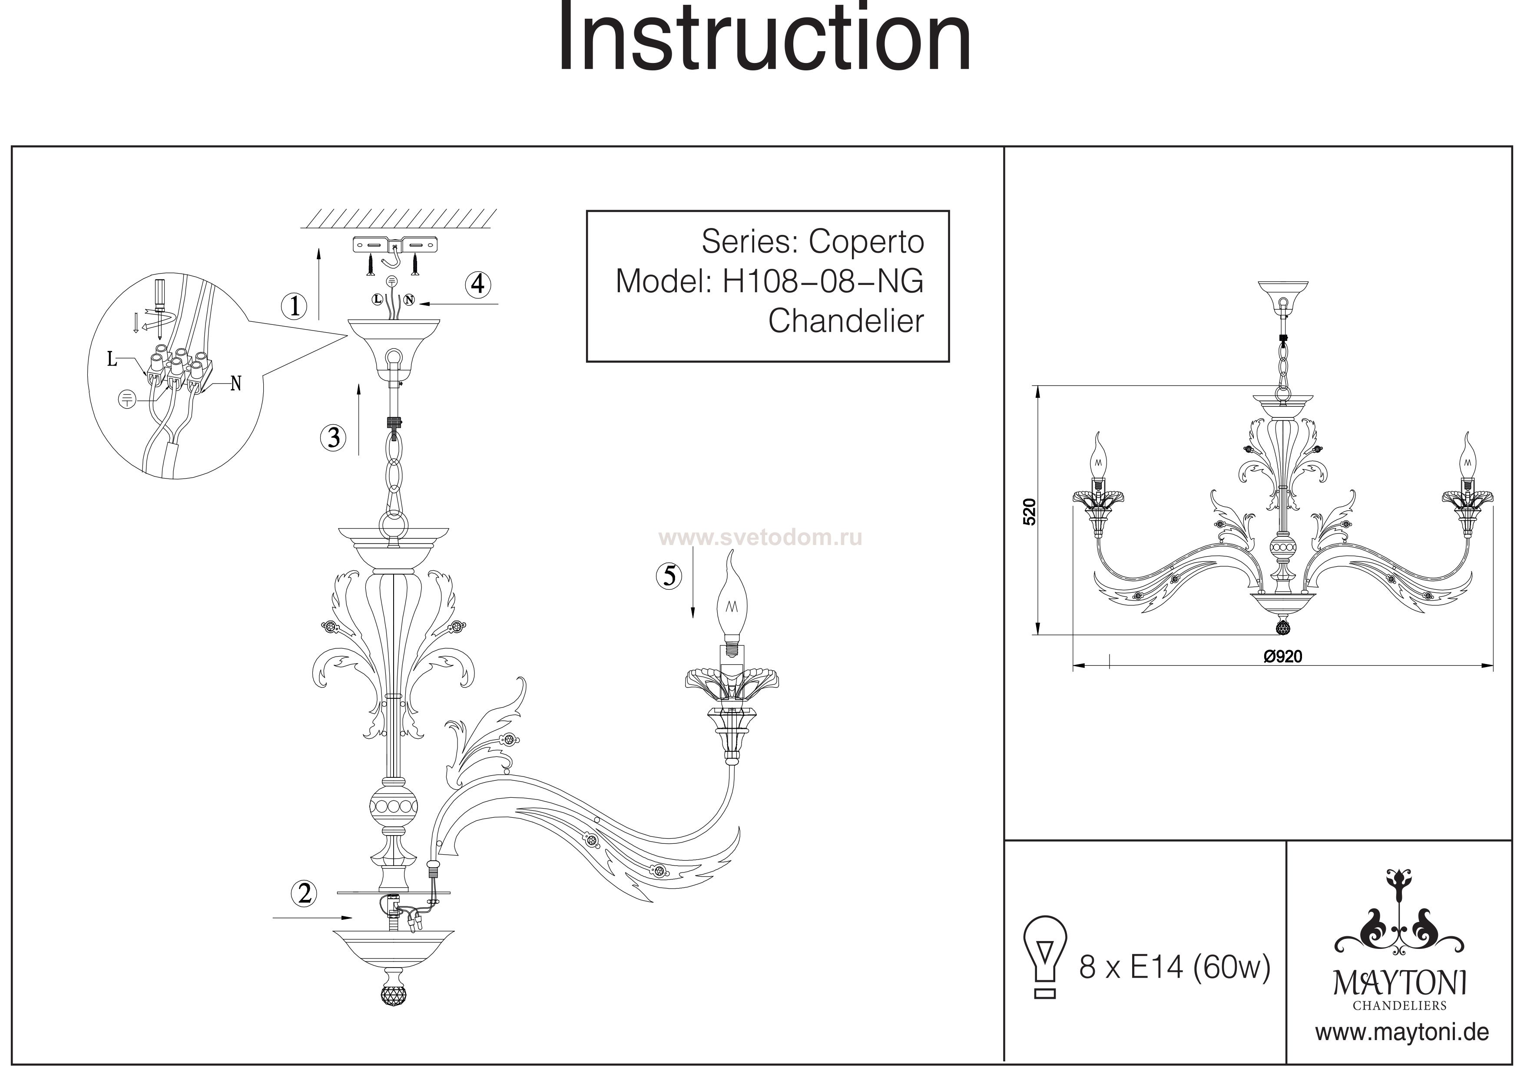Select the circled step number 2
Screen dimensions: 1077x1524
pyautogui.click(x=305, y=894)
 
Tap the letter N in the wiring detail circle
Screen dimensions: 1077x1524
pyautogui.click(x=235, y=383)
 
